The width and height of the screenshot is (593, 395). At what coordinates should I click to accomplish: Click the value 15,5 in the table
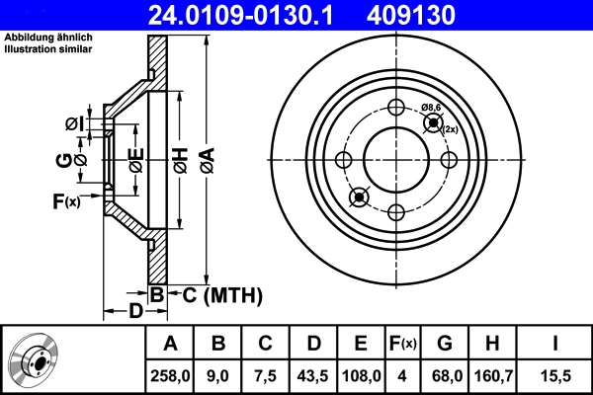pos(556,375)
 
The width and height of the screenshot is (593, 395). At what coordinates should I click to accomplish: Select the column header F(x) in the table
pos(402,343)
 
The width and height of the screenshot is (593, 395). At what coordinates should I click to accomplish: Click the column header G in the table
pos(445,343)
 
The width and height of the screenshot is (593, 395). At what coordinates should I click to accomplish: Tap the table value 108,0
pos(361,375)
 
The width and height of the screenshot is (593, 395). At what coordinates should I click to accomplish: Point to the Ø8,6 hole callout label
pos(432,106)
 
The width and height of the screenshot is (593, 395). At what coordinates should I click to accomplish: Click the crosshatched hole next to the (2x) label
pos(432,122)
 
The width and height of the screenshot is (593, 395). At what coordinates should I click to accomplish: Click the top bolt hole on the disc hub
pos(395,109)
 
